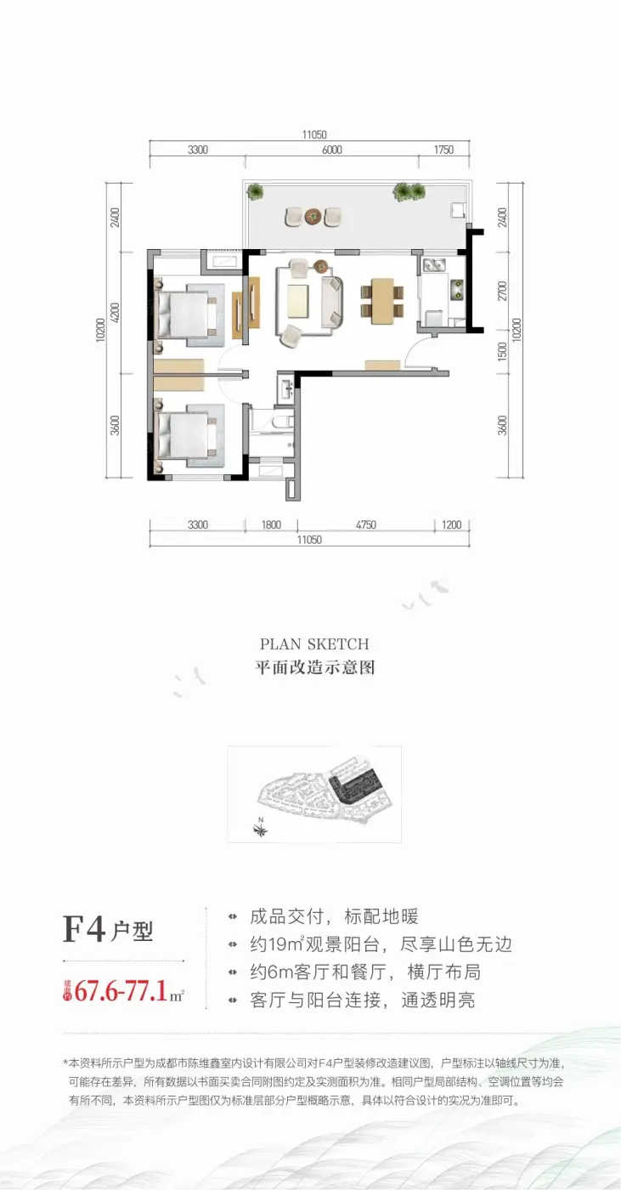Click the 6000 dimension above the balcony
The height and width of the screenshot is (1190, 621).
coord(331,150)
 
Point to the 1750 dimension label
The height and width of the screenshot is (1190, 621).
coord(443,150)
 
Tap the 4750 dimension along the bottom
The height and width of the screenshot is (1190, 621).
coord(365,525)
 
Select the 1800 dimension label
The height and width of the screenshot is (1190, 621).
coord(271,525)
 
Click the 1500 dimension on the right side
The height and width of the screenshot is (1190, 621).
coord(502,350)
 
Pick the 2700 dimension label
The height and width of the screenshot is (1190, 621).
coord(502,291)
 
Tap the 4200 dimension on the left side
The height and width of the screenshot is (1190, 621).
coord(116,313)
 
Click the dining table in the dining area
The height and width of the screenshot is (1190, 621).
coord(382,301)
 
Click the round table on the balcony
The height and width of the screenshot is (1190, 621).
coord(313,216)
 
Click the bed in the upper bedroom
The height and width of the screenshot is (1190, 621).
coord(186,313)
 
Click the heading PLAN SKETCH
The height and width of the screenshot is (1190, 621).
coord(314,644)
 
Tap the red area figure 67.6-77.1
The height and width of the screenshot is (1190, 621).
coord(121,991)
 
